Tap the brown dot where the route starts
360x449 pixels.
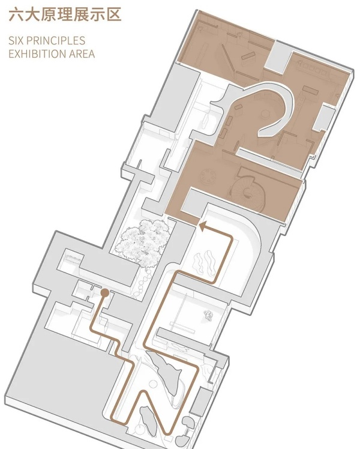pos(104,294)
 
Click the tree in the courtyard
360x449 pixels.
pos(143,243)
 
